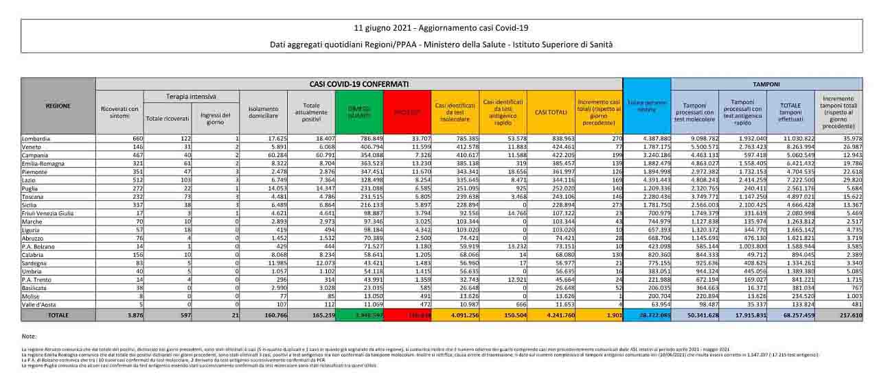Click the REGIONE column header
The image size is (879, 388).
click(57, 106)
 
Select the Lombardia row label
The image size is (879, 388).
click(36, 139)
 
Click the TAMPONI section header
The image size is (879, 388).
click(766, 84)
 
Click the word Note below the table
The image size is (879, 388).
click(29, 337)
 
